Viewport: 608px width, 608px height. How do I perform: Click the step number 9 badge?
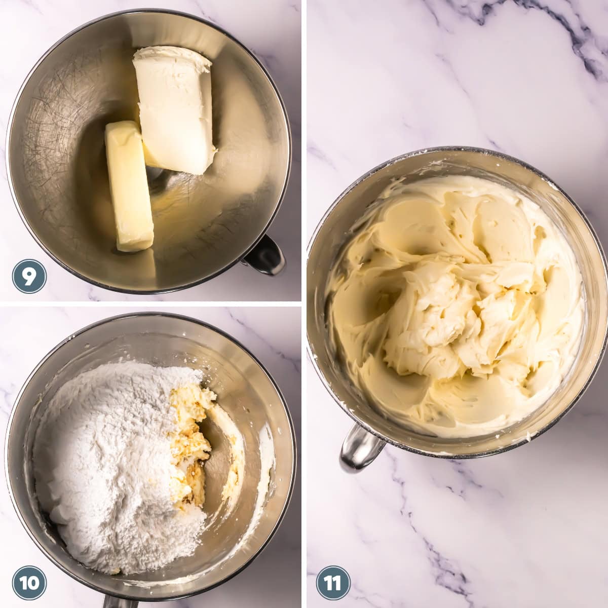(29, 276)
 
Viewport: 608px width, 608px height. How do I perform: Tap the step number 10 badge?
(29, 583)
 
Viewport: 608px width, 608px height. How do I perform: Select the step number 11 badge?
(333, 583)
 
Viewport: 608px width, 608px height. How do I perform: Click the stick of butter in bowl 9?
(129, 187)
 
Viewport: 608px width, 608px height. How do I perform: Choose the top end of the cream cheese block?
(172, 58)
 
